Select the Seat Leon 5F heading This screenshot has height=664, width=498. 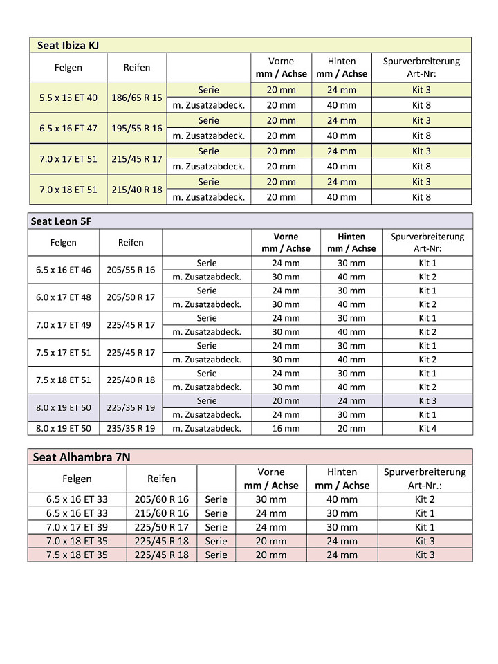coord(62,221)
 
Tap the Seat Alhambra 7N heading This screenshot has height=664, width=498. coord(81,457)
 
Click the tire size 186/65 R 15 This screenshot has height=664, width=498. coord(137,98)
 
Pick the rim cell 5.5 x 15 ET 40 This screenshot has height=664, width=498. coord(68,98)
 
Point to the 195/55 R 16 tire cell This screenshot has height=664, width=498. coord(137,128)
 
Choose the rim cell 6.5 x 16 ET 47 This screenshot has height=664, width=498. coord(68,128)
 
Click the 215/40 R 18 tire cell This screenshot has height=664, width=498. coord(137,189)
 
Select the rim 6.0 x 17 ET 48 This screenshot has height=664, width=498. coord(64,297)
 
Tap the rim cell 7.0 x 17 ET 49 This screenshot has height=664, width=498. coord(64,324)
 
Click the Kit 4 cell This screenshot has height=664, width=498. coord(427,428)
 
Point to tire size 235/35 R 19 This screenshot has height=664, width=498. coord(131,428)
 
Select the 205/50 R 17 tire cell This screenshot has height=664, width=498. coord(131,297)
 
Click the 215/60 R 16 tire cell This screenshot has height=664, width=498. coord(161,513)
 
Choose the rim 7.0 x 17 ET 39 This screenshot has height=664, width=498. coord(77,527)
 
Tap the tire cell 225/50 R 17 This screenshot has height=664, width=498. coord(161,527)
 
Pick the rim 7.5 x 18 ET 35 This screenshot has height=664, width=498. coord(77,555)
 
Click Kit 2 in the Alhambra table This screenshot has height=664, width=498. coord(425,499)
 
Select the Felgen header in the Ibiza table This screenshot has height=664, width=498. coord(68,68)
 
